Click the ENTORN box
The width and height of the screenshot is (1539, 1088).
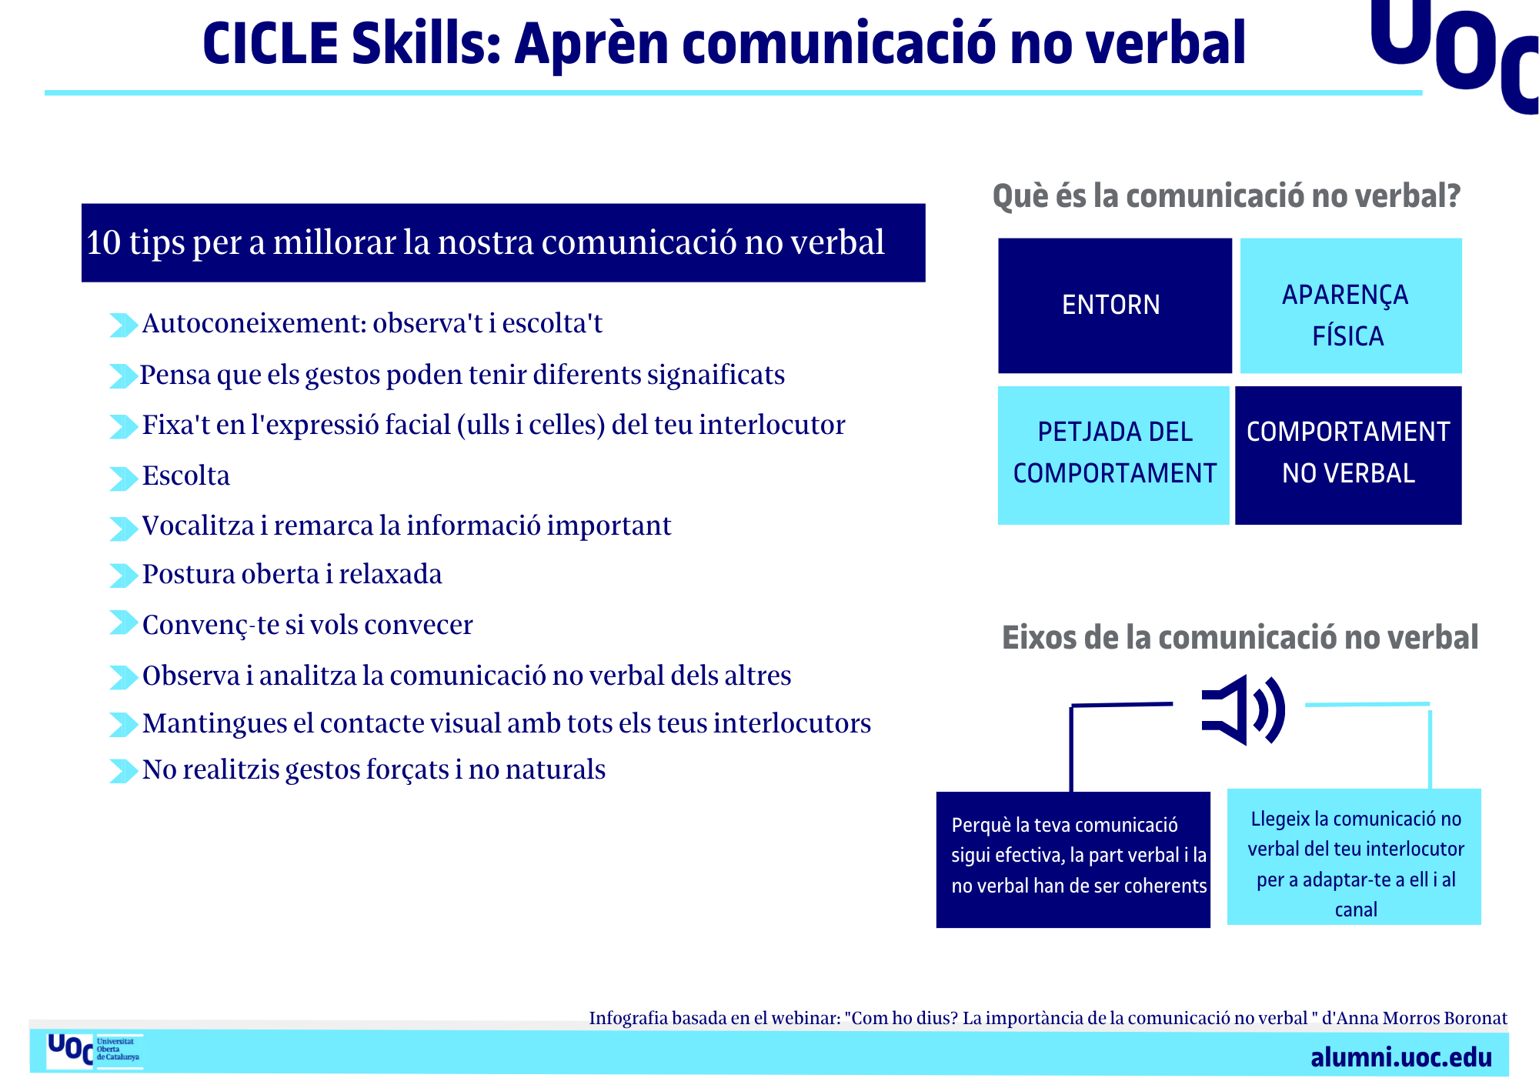click(1114, 305)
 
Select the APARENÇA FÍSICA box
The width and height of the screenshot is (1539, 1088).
click(1350, 305)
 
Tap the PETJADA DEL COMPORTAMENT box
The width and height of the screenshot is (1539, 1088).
click(1113, 456)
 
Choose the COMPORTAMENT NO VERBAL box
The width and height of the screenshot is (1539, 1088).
click(1348, 456)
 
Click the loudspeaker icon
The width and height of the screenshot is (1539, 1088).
click(1243, 709)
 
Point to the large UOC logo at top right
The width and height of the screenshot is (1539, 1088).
click(1454, 54)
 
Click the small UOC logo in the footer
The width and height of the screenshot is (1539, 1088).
click(94, 1051)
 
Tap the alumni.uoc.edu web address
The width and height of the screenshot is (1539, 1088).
click(1401, 1057)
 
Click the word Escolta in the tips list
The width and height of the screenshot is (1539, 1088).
click(186, 476)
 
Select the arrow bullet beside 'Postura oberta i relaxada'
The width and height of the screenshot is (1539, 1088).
click(123, 576)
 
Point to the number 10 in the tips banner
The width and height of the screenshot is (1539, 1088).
click(104, 242)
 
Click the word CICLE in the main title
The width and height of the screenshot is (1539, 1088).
click(270, 44)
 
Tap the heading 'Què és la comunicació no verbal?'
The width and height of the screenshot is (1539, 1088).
click(1227, 195)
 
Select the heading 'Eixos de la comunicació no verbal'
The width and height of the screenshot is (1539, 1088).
click(1240, 638)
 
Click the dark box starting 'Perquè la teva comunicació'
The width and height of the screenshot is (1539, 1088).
click(1073, 859)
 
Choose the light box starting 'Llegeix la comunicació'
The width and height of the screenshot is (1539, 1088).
click(1354, 856)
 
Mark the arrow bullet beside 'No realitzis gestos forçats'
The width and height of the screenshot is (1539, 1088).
click(123, 771)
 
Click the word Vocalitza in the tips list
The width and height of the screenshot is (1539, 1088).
click(199, 526)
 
